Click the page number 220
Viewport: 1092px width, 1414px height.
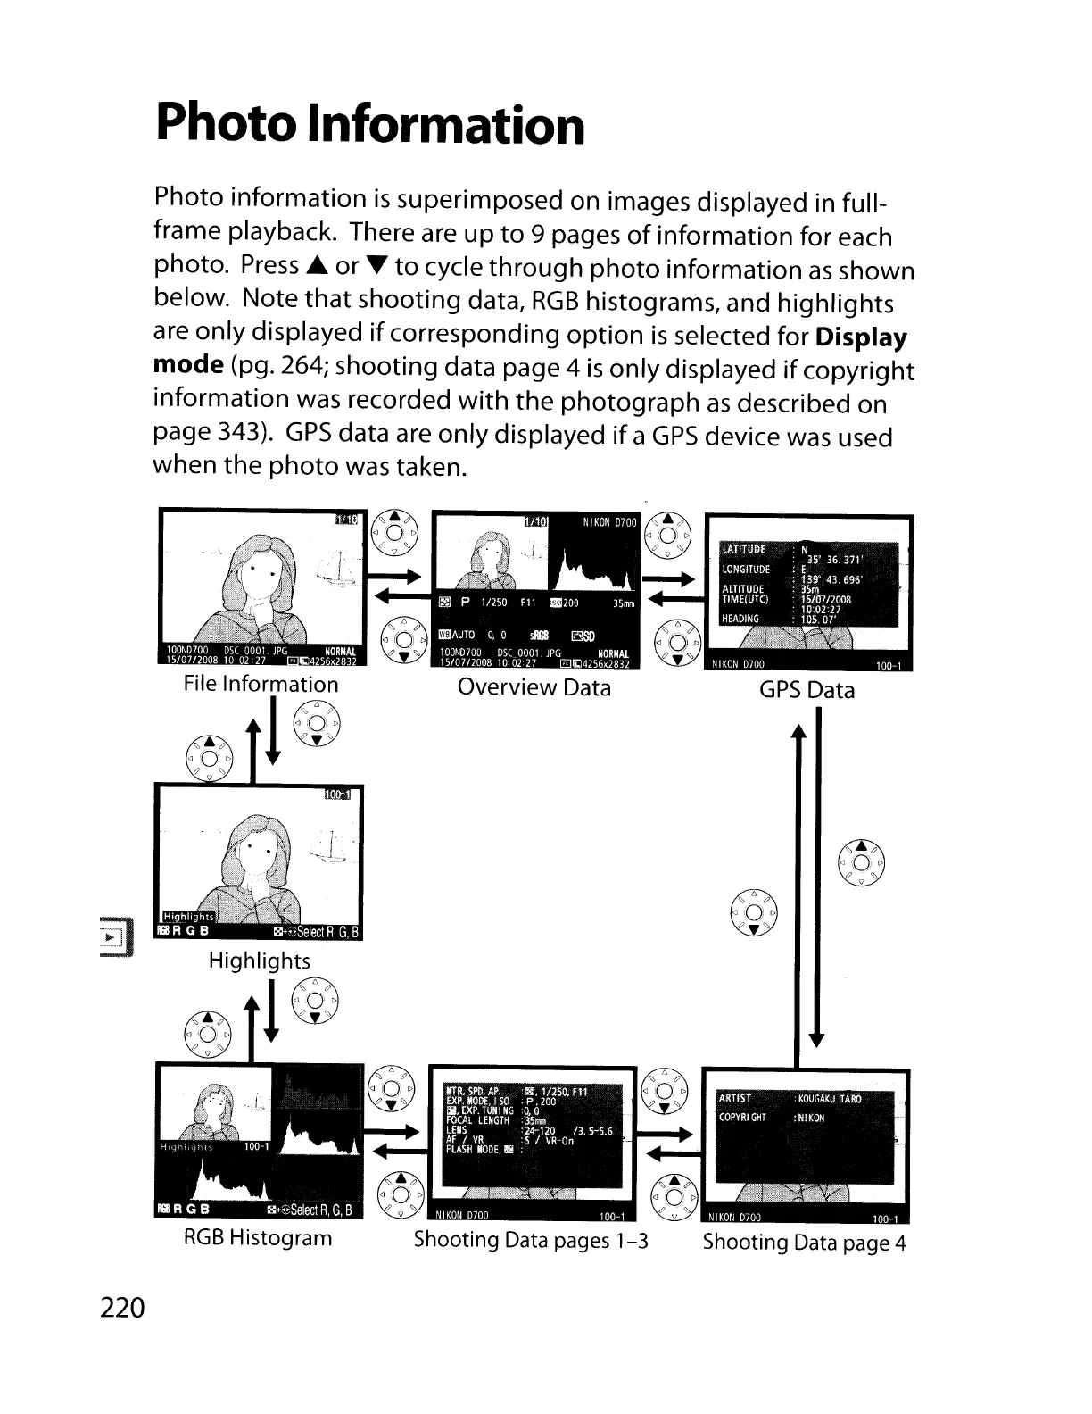[123, 1308]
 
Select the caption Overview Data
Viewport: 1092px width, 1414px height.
[534, 687]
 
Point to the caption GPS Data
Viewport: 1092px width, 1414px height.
[807, 690]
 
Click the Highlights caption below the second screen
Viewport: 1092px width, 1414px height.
[259, 961]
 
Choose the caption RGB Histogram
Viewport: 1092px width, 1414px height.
[258, 1238]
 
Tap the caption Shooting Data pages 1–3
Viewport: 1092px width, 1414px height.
[531, 1240]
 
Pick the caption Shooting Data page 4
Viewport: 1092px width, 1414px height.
[804, 1243]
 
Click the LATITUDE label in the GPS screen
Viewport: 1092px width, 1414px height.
[742, 548]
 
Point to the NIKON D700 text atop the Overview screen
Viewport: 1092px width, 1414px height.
[609, 522]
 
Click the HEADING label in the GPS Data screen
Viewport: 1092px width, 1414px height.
[740, 619]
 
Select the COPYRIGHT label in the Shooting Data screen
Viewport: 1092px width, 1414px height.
[741, 1119]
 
